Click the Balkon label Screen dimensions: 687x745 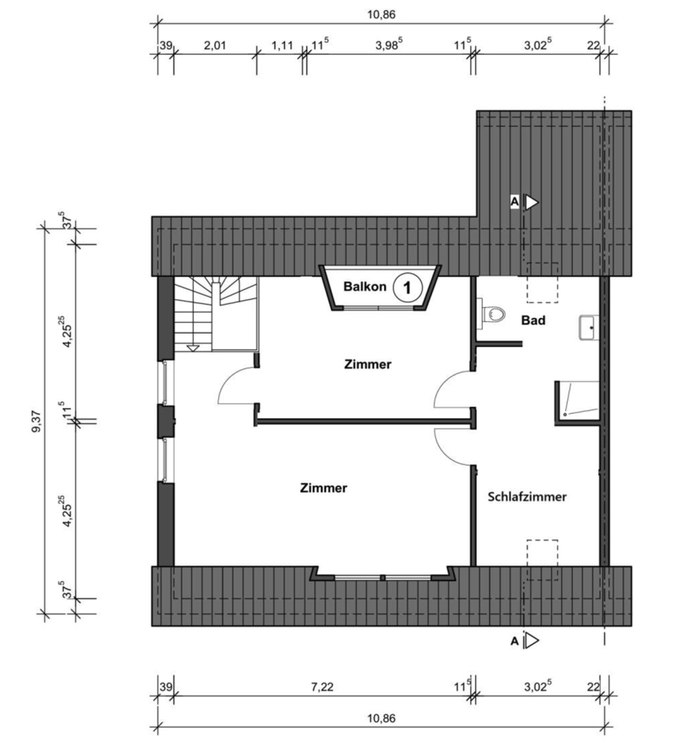pyautogui.click(x=364, y=286)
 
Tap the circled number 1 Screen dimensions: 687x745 pyautogui.click(x=407, y=287)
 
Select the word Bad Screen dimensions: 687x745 pyautogui.click(x=533, y=320)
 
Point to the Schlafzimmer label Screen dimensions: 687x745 pyautogui.click(x=527, y=497)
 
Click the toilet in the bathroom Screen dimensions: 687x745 pyautogui.click(x=491, y=313)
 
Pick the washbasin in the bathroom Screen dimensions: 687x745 pyautogui.click(x=589, y=327)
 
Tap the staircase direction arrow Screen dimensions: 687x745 pyautogui.click(x=193, y=348)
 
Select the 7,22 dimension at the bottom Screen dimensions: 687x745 pyautogui.click(x=322, y=686)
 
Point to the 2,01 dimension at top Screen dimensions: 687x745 pyautogui.click(x=214, y=46)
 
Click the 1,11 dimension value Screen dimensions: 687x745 pyautogui.click(x=281, y=46)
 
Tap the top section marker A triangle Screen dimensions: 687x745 pyautogui.click(x=531, y=203)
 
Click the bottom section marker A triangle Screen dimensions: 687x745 pyautogui.click(x=531, y=641)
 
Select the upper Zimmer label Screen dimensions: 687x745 pyautogui.click(x=368, y=364)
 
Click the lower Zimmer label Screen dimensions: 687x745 pyautogui.click(x=324, y=488)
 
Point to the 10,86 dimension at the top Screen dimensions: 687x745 pyautogui.click(x=381, y=14)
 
